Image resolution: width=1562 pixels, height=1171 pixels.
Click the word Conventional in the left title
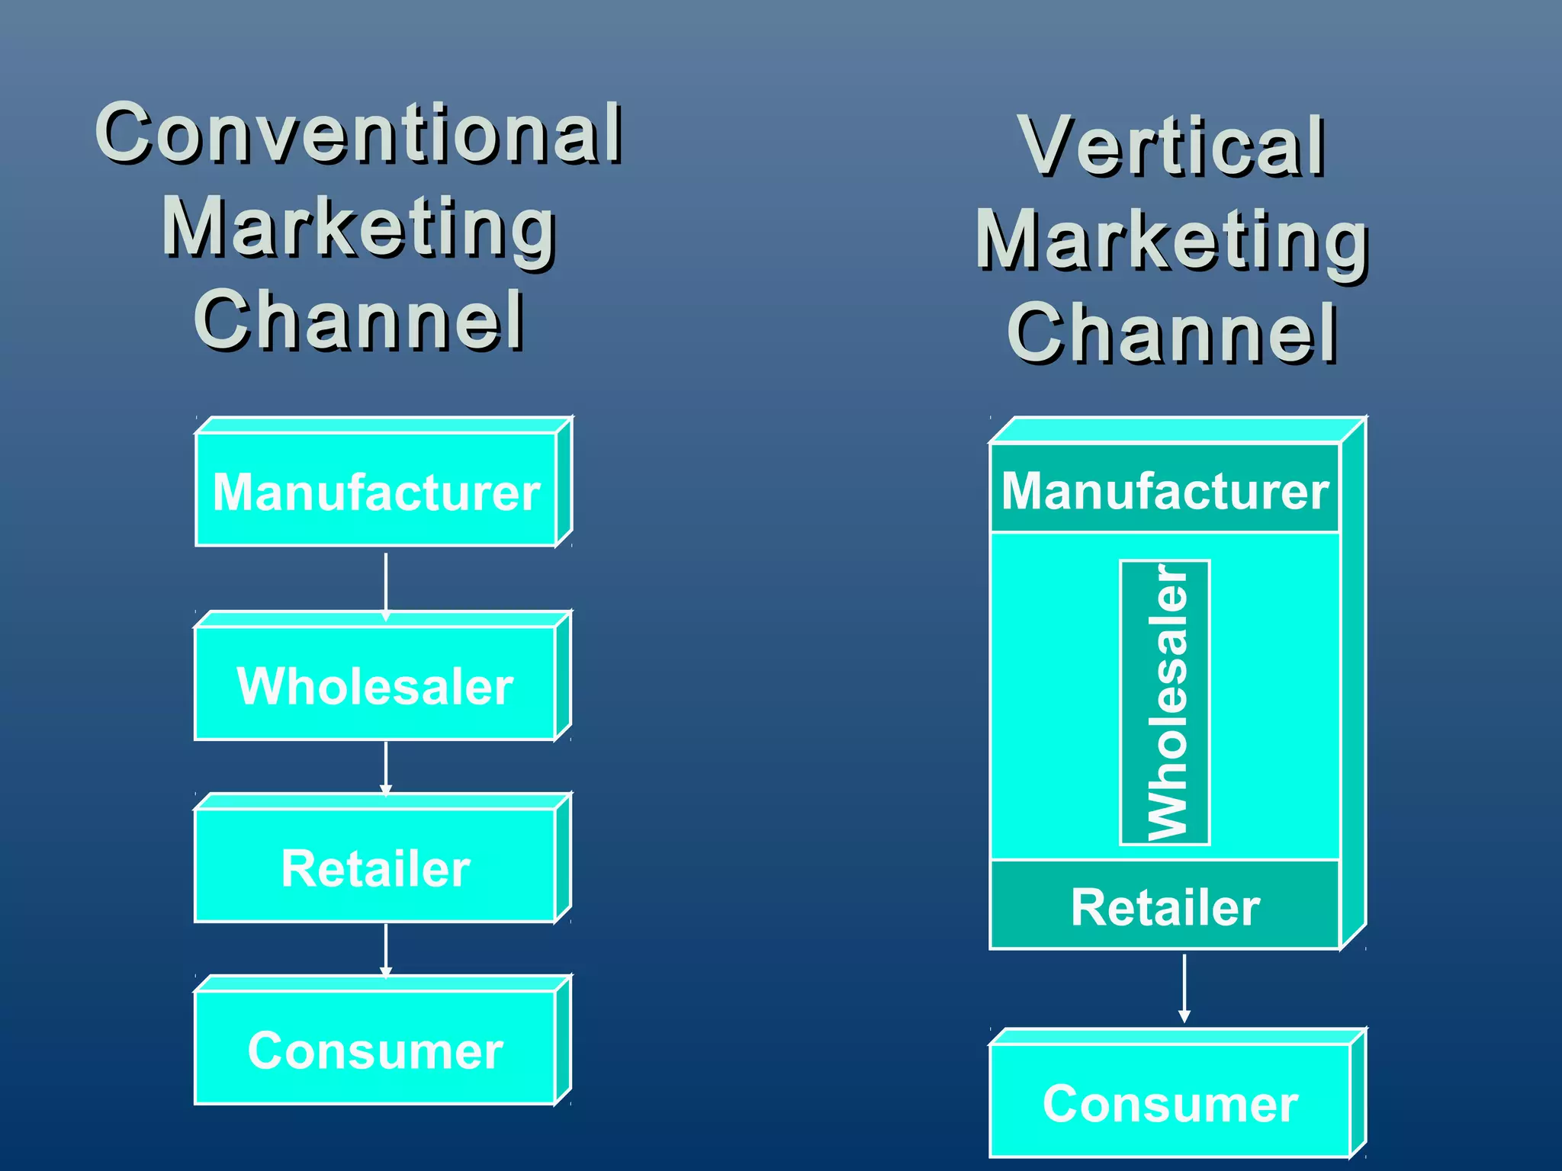[359, 134]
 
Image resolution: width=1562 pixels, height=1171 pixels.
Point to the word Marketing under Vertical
[1172, 242]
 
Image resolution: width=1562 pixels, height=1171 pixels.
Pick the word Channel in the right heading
[1172, 333]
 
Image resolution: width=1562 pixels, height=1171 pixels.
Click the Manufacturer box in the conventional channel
[376, 491]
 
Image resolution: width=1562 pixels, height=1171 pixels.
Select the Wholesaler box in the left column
[375, 685]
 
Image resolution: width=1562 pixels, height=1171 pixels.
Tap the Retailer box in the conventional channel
[375, 867]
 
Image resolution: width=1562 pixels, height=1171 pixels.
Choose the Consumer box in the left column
[375, 1050]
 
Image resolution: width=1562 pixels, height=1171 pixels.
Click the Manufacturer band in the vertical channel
[1165, 489]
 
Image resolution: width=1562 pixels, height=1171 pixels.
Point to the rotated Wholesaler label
[1165, 702]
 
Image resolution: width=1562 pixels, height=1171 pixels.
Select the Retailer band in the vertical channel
[1165, 906]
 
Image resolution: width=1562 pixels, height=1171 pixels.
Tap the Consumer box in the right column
[1170, 1102]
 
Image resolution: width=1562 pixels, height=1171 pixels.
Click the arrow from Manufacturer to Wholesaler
[386, 584]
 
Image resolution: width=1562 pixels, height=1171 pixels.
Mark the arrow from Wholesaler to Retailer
[386, 767]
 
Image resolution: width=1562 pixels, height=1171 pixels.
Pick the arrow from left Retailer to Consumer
[386, 950]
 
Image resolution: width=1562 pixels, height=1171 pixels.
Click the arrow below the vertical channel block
[1184, 988]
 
